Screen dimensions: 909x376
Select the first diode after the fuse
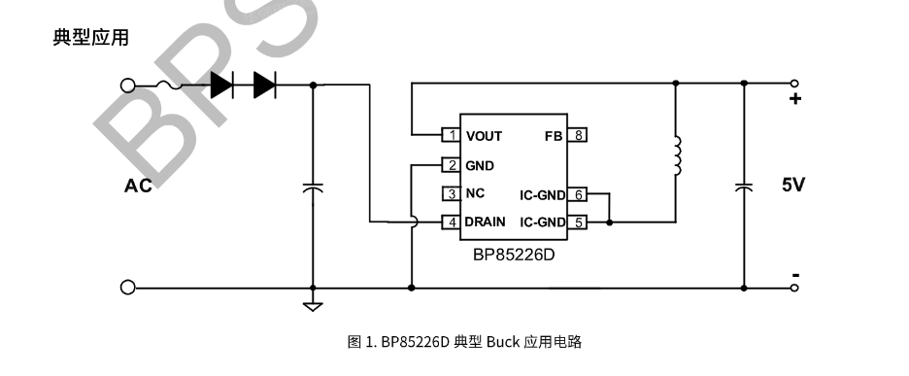[x=222, y=85]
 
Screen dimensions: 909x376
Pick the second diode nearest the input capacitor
[x=265, y=85]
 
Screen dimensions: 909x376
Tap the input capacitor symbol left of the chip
[x=313, y=188]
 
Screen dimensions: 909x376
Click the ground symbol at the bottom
[x=313, y=306]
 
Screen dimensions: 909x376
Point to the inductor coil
[x=677, y=155]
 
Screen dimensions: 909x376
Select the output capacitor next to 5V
[x=744, y=188]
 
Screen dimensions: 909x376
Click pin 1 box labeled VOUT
[x=451, y=135]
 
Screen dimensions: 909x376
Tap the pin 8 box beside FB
[x=578, y=135]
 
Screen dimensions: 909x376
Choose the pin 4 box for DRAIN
[x=451, y=222]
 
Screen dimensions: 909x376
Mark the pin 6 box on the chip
[x=578, y=195]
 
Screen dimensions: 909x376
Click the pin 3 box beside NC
[x=451, y=193]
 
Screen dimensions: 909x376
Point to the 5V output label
[x=793, y=186]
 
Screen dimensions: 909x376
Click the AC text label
[x=139, y=186]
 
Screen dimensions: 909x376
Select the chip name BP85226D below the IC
[x=514, y=255]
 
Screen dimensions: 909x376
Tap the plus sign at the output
[x=795, y=99]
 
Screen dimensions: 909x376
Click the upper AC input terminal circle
[x=127, y=85]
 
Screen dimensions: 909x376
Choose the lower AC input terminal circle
[x=127, y=288]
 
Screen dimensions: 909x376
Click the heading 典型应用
[x=90, y=38]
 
